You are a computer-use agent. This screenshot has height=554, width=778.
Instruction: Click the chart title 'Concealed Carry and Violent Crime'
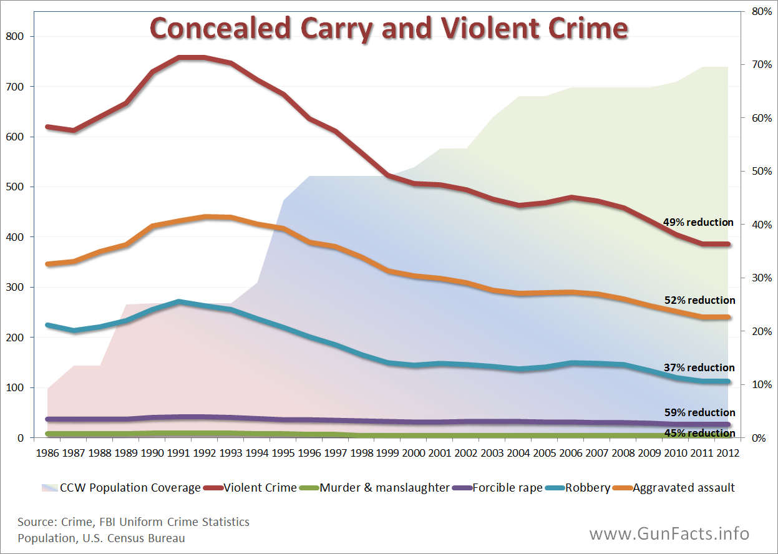(388, 29)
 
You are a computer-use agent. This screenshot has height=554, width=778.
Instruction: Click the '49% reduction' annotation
(698, 223)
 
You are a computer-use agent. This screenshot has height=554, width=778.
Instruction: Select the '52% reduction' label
(699, 300)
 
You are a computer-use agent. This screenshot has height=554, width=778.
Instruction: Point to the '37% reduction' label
(699, 367)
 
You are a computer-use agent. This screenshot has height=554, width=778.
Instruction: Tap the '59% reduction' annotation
(699, 412)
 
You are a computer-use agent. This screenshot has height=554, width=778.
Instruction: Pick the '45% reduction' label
(699, 433)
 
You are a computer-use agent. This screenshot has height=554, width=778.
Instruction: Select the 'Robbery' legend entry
(587, 488)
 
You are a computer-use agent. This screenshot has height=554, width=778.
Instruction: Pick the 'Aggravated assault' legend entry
(684, 488)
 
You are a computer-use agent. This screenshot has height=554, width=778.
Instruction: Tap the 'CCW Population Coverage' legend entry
(130, 488)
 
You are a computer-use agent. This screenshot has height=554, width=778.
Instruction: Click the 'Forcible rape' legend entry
(507, 488)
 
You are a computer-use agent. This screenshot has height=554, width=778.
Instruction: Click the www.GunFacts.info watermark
(669, 534)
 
